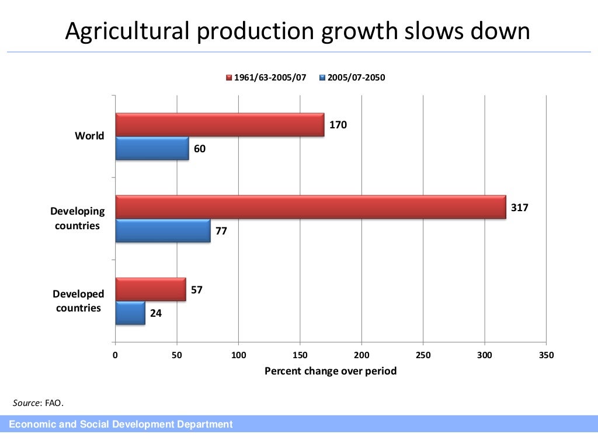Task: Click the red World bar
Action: coord(220,124)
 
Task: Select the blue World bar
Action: coord(152,148)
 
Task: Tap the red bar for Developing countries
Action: coord(311,207)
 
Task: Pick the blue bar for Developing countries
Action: coord(163,230)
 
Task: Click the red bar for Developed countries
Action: coord(151,290)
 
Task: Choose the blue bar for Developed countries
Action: coord(130,313)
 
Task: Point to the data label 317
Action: coord(519,207)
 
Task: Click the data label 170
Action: coord(338,124)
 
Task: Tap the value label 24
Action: coord(156,313)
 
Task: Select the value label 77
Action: coord(221,231)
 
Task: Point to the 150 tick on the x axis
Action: coord(300,355)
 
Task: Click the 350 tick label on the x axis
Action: coord(546,355)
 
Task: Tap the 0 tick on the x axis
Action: coord(116,355)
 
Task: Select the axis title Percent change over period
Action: coord(331,371)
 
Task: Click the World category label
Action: coord(89,136)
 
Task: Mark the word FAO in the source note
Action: coord(54,402)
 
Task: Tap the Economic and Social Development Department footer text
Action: coord(120,425)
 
